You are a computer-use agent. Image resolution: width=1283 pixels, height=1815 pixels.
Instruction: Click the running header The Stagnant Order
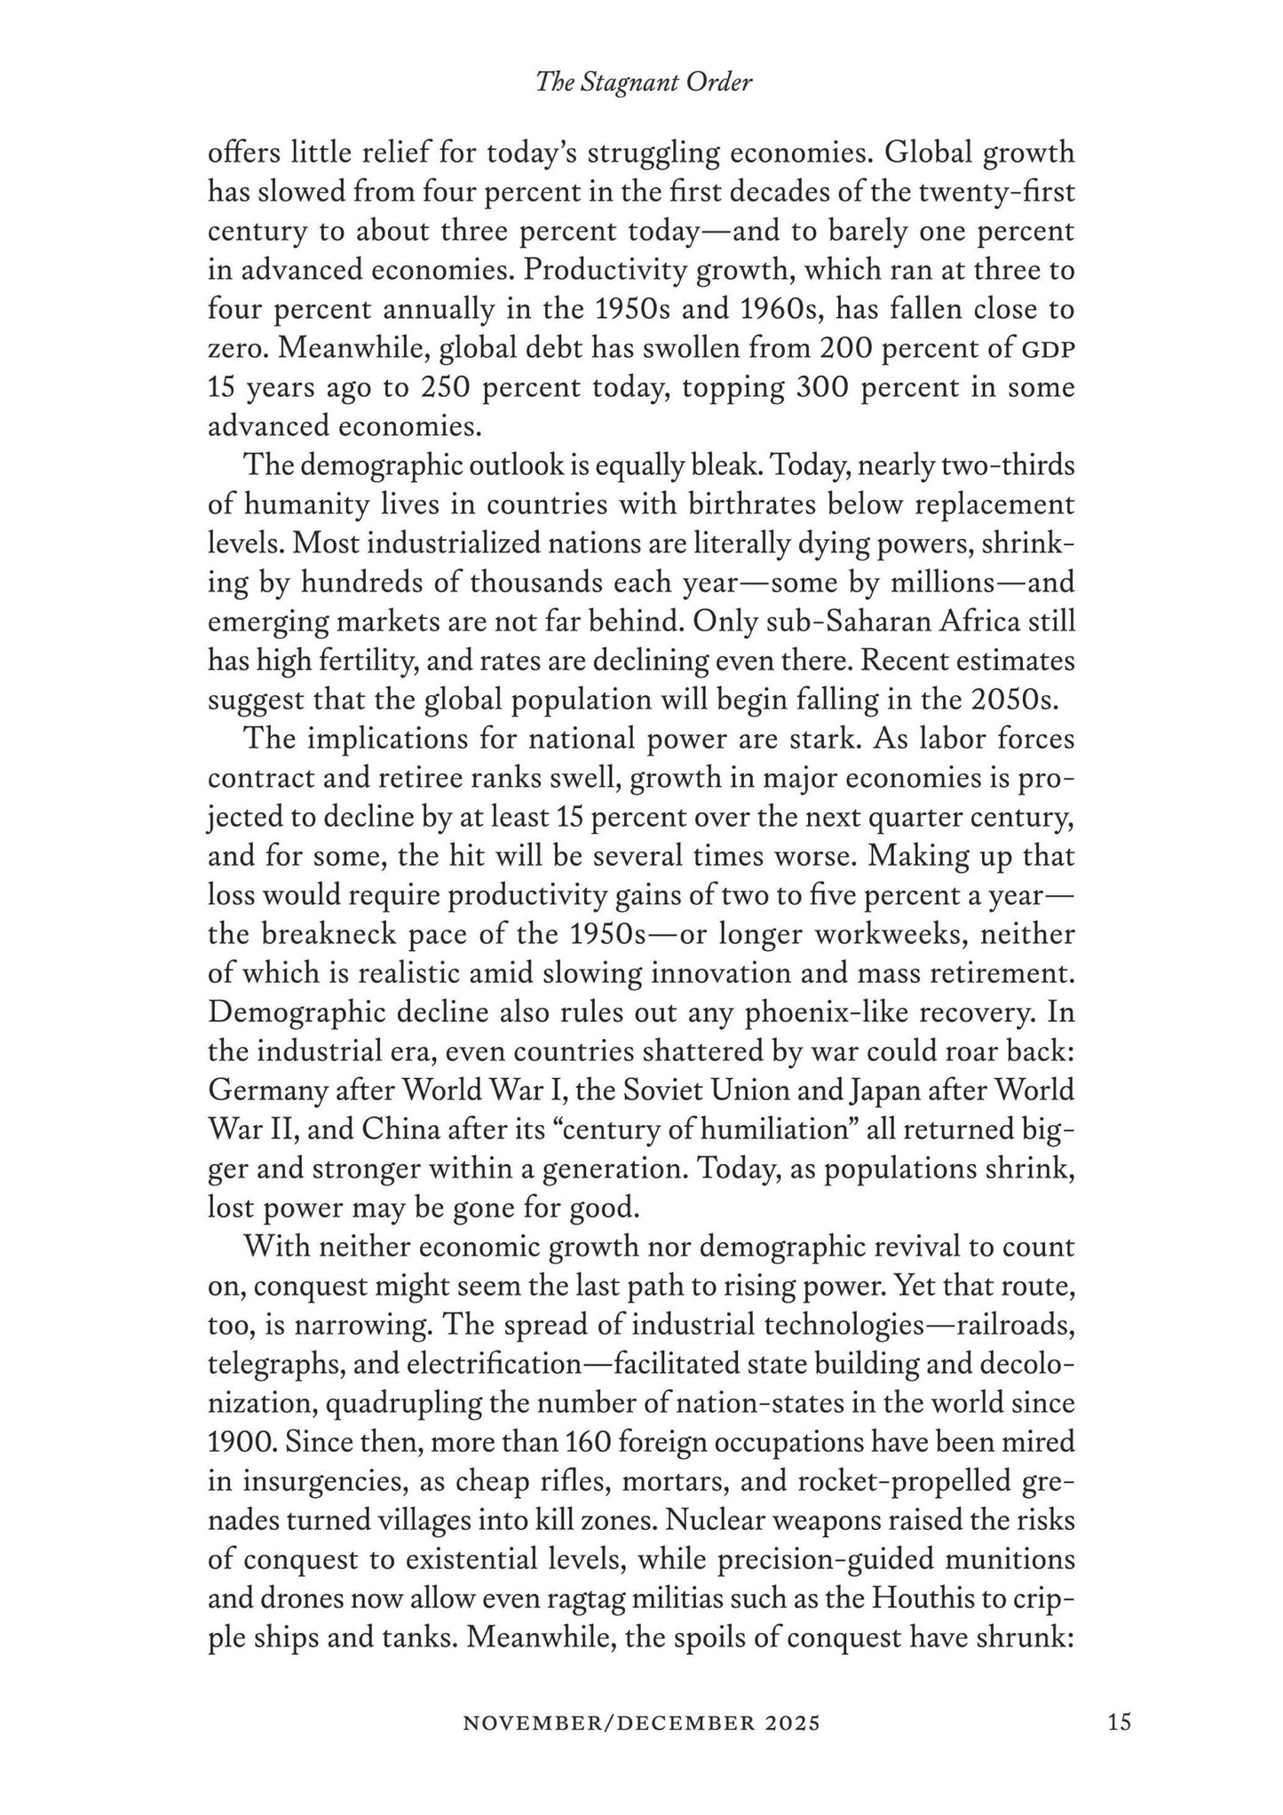pos(643,83)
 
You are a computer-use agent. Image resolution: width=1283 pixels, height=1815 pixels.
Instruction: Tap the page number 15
pos(1120,1723)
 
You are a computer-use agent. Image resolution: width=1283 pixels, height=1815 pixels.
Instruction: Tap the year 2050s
pos(1016,700)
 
